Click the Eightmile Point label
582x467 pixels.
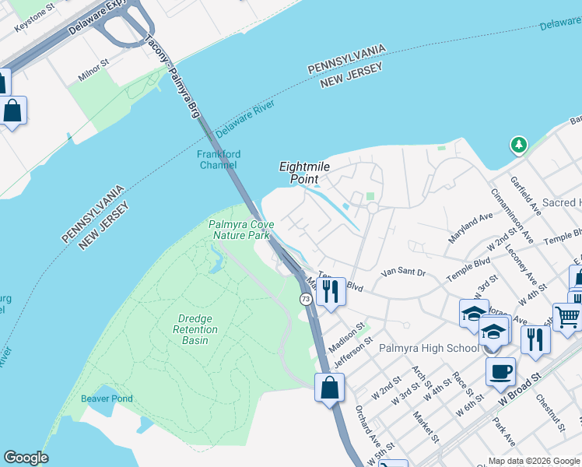(x=299, y=173)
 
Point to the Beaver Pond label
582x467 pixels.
(x=107, y=399)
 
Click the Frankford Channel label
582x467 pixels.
(x=218, y=160)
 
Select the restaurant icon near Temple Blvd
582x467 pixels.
(x=330, y=292)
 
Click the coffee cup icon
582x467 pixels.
(x=500, y=370)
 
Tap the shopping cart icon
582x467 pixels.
(x=567, y=316)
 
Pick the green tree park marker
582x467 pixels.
(x=518, y=145)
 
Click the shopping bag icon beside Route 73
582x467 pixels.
(x=329, y=387)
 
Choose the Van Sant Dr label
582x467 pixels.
(x=404, y=272)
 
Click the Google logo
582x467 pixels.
(x=26, y=458)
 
